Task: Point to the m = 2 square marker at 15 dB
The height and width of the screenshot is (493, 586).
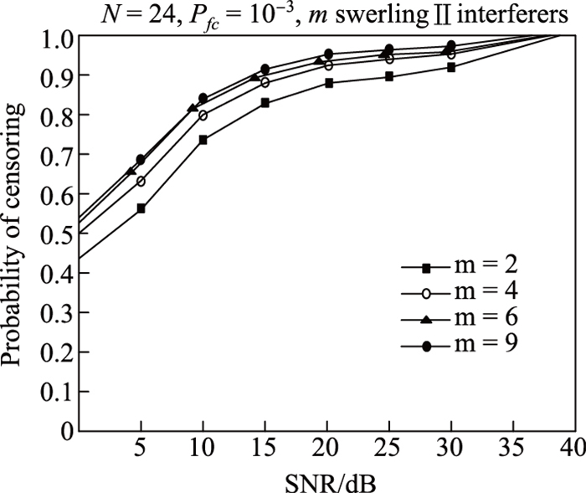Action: click(x=265, y=103)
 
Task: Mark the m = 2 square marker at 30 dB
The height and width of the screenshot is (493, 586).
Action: click(x=451, y=67)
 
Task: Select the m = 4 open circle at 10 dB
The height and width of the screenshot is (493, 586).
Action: click(x=203, y=116)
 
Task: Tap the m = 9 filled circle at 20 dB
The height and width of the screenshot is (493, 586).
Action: click(x=328, y=54)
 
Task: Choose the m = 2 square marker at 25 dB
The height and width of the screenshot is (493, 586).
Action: click(x=389, y=76)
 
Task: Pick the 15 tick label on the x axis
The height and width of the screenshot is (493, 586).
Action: click(x=265, y=448)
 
